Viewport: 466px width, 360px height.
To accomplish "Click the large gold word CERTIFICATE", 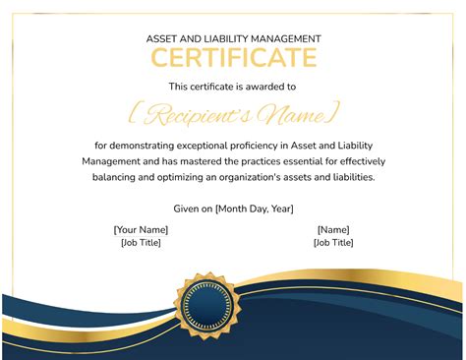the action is point(233,58).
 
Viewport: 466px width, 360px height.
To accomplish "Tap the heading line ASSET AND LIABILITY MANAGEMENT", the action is point(233,38).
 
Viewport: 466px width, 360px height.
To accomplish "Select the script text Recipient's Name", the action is point(234,114).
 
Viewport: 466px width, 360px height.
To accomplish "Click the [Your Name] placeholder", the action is point(141,229).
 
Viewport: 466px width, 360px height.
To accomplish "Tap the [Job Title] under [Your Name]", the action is point(141,242).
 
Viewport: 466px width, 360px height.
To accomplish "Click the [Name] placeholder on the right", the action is point(333,229).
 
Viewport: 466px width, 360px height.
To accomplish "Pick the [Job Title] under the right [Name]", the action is point(333,242).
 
